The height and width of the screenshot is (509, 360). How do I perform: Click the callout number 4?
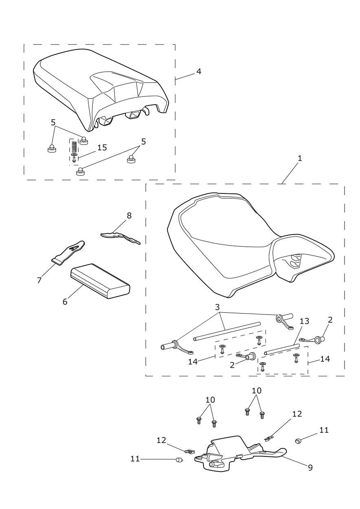pyautogui.click(x=198, y=71)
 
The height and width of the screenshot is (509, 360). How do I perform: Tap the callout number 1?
pyautogui.click(x=300, y=158)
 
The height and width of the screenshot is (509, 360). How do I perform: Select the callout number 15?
pyautogui.click(x=102, y=147)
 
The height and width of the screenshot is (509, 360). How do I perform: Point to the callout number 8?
pyautogui.click(x=129, y=216)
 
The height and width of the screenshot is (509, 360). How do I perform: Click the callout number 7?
pyautogui.click(x=40, y=280)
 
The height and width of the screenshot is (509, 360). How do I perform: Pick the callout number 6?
pyautogui.click(x=65, y=302)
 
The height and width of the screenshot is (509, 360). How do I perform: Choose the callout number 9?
pyautogui.click(x=310, y=468)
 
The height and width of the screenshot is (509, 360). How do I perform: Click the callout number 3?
pyautogui.click(x=217, y=306)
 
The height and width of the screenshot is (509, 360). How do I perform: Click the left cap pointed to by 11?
pyautogui.click(x=178, y=460)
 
